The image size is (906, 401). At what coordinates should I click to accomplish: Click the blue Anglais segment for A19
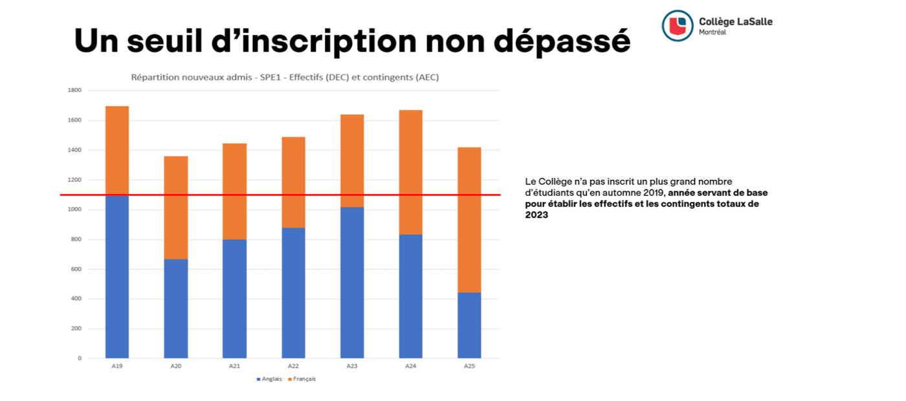coord(117,277)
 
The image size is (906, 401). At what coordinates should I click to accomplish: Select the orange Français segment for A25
coord(469,220)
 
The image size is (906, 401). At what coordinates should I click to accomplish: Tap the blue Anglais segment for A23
coord(352,283)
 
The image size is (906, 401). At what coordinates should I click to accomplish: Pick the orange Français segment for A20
coord(176,208)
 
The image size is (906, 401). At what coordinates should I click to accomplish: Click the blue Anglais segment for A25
coord(469,325)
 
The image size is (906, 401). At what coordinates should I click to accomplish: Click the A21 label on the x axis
coord(234,366)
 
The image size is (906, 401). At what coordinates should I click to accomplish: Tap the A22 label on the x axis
coord(293,366)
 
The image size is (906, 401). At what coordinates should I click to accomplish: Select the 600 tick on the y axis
coord(76,269)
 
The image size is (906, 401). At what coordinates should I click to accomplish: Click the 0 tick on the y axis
coord(80,358)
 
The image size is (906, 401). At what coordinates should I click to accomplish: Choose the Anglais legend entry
coord(269,379)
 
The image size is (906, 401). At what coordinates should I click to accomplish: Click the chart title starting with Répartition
coord(285,78)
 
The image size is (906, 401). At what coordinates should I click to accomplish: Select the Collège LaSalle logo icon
coord(678,26)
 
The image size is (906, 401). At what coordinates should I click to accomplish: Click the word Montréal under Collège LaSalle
coord(713,32)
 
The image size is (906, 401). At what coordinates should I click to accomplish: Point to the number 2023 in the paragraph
coord(536,215)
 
